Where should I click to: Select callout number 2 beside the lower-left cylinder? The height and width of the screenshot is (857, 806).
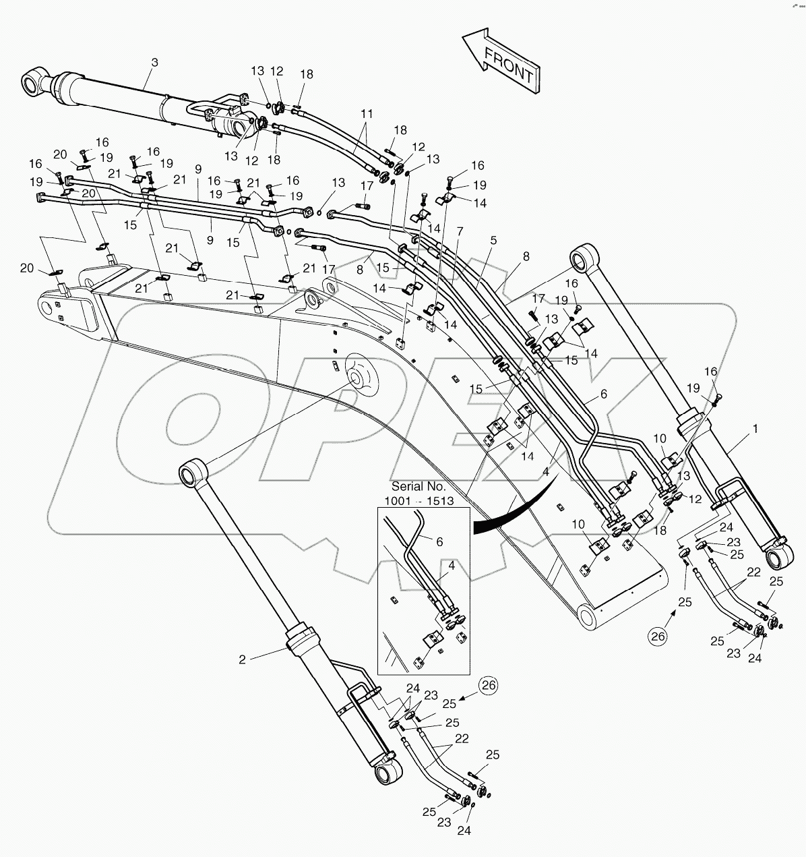coord(243,659)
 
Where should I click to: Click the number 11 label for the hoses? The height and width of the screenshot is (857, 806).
coord(366,115)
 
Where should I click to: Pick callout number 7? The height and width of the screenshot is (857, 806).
coord(460,231)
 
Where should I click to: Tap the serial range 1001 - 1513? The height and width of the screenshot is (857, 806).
coord(418,500)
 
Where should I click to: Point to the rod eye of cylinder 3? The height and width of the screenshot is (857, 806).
coord(33,84)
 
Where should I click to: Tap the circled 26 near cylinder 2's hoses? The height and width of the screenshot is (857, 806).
coord(489,686)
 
